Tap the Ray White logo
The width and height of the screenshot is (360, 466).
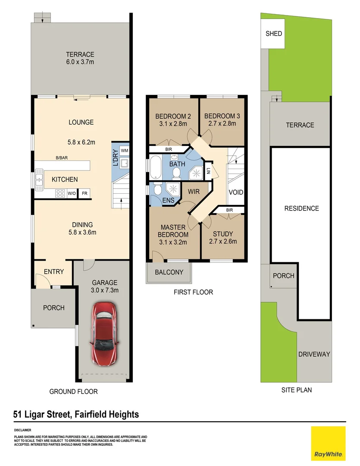(x=328, y=443)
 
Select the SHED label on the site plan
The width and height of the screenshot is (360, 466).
(x=274, y=33)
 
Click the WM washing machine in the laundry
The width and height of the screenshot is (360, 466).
(x=124, y=150)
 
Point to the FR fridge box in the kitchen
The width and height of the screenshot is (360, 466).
(x=85, y=193)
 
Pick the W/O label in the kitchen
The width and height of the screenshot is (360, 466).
(x=72, y=193)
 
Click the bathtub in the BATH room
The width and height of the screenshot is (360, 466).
(x=156, y=168)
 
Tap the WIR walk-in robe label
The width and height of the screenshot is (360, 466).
(x=194, y=191)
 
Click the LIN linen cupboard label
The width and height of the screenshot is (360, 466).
(x=208, y=170)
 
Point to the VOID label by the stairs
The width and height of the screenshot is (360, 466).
(x=236, y=192)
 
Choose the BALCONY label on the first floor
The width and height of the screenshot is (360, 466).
(x=169, y=272)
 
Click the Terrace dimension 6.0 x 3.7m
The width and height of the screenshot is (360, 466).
(x=80, y=62)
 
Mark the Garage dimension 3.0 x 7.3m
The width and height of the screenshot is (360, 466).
(x=103, y=290)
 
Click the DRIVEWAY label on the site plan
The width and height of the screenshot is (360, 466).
(x=314, y=354)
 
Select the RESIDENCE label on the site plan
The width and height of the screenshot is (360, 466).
(x=301, y=208)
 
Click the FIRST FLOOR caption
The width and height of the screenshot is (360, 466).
(x=193, y=292)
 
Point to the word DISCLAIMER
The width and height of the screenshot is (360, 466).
(x=22, y=430)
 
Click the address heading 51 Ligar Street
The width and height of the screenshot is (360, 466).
(x=76, y=415)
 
